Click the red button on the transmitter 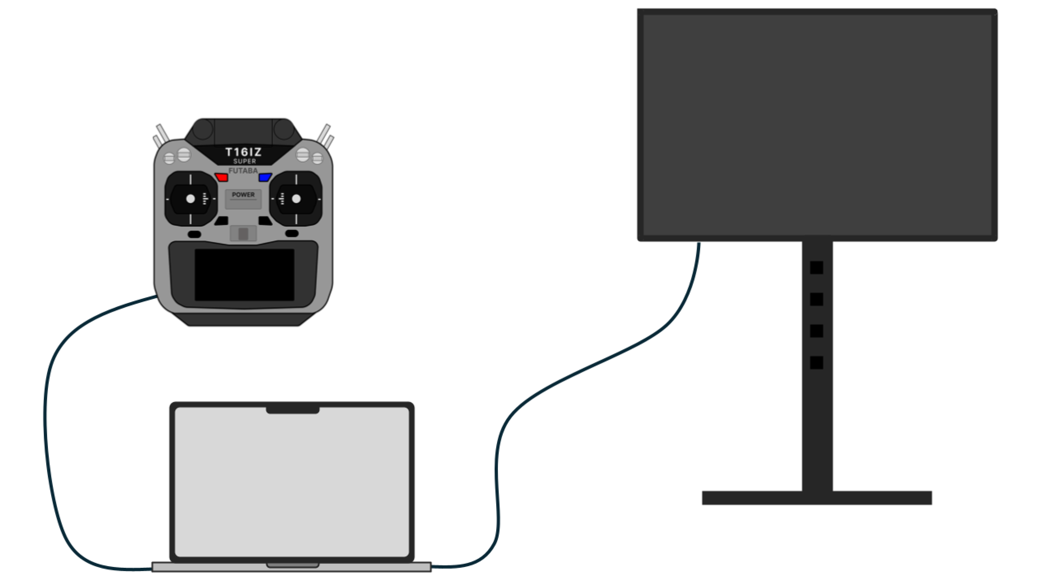point(221,177)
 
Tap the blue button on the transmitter point(265,177)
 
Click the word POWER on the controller point(243,195)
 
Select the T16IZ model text point(243,152)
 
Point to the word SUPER point(244,161)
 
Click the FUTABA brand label point(243,171)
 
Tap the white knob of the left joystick point(191,199)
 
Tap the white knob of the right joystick point(296,199)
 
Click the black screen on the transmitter point(244,275)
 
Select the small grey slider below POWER point(243,234)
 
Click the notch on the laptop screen point(293,410)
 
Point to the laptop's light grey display point(292,482)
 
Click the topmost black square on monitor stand point(817,268)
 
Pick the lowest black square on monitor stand point(817,363)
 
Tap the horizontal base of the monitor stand point(817,498)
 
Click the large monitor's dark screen point(817,125)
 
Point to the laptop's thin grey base point(292,567)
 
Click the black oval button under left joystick point(195,234)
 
